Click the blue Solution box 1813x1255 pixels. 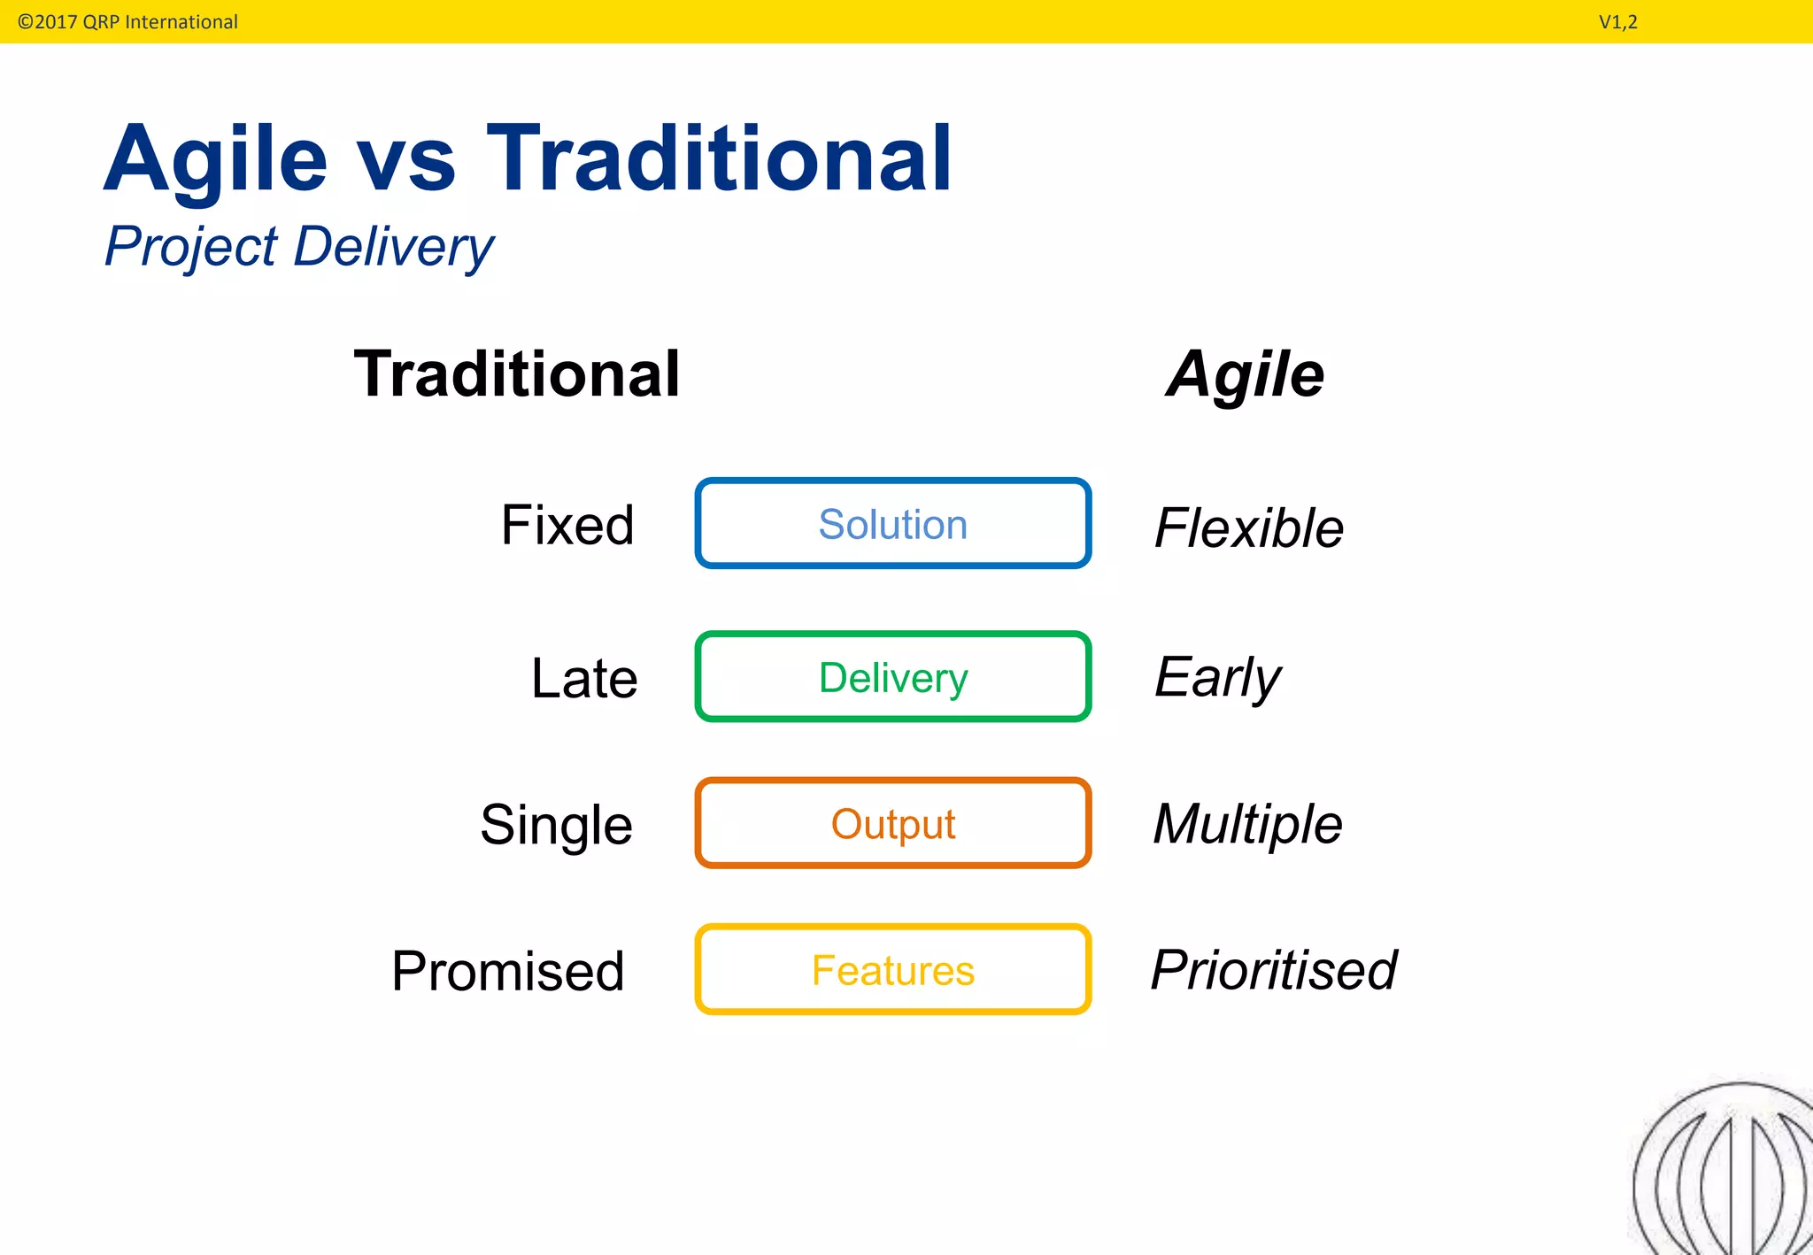(892, 523)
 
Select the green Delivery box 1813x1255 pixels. (892, 677)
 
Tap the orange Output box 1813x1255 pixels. (892, 823)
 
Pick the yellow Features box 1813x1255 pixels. (892, 970)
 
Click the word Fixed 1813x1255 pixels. (567, 525)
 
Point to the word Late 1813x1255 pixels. (583, 679)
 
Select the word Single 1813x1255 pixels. (556, 825)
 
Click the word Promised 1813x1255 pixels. (508, 971)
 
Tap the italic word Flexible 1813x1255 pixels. (1248, 528)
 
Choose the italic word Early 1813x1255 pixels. (1217, 678)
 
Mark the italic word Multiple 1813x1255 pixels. (1247, 824)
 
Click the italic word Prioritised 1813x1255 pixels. (1274, 970)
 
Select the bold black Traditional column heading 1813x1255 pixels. (517, 374)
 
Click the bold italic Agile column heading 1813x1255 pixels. (1245, 374)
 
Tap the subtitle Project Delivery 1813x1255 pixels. (299, 247)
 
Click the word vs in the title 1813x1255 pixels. (406, 160)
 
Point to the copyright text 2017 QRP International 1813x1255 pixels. (128, 22)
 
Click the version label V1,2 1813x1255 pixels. (1617, 22)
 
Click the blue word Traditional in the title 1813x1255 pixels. (719, 158)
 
